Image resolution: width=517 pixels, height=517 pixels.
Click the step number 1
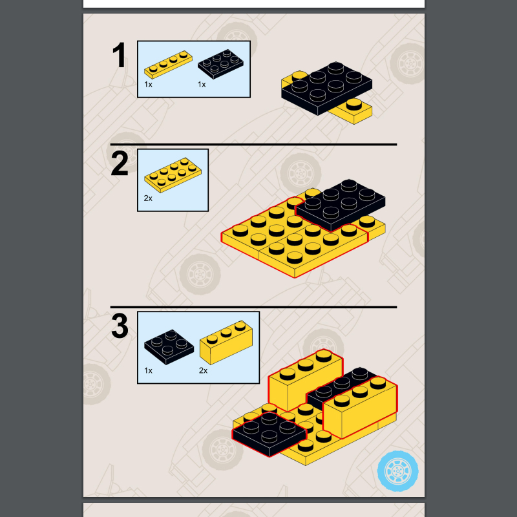pyautogui.click(x=119, y=55)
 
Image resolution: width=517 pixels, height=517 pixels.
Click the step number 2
pyautogui.click(x=120, y=164)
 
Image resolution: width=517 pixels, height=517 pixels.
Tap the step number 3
pyautogui.click(x=120, y=326)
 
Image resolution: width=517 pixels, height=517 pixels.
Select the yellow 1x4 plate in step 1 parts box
pyautogui.click(x=168, y=64)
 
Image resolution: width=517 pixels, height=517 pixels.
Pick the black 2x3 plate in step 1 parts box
pyautogui.click(x=220, y=64)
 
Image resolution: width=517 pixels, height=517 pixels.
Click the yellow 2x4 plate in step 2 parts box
pyautogui.click(x=173, y=175)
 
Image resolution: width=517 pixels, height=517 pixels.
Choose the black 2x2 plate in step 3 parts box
pyautogui.click(x=169, y=347)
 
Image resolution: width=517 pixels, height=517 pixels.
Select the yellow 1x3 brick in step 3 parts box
pyautogui.click(x=226, y=343)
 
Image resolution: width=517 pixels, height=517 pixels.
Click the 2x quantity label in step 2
pyautogui.click(x=148, y=198)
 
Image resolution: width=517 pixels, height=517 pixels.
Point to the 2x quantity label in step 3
pyautogui.click(x=203, y=370)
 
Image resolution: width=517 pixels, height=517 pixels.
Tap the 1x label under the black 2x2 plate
pyautogui.click(x=148, y=370)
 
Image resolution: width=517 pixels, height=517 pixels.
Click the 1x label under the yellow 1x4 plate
pyautogui.click(x=148, y=85)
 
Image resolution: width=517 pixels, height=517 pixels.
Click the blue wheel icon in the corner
pyautogui.click(x=397, y=471)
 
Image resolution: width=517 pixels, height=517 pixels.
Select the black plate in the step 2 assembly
pyautogui.click(x=341, y=205)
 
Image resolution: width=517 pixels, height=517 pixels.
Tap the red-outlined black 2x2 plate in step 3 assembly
pyautogui.click(x=269, y=434)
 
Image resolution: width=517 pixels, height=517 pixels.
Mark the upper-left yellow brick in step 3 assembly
pyautogui.click(x=305, y=380)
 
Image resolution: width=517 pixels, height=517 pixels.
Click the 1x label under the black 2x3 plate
pyautogui.click(x=202, y=85)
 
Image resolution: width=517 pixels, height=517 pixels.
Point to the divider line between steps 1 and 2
pyautogui.click(x=253, y=144)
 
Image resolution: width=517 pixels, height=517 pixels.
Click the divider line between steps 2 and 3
pyautogui.click(x=253, y=307)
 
